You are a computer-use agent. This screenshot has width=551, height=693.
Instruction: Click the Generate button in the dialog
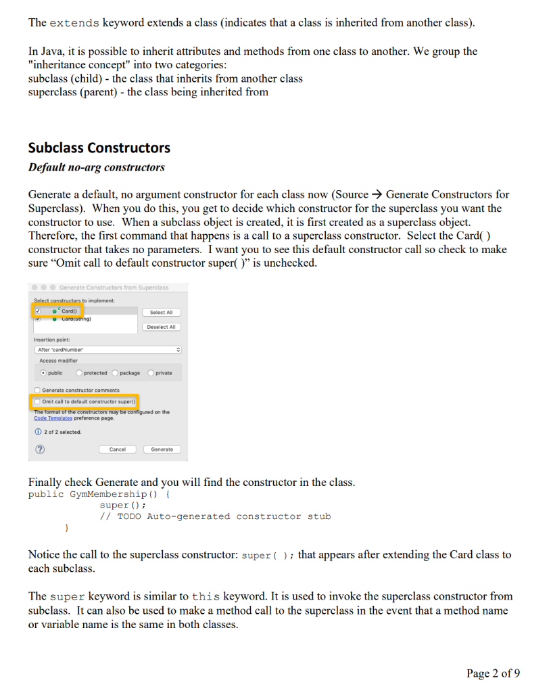pos(162,449)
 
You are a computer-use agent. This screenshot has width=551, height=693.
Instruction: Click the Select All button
pos(162,312)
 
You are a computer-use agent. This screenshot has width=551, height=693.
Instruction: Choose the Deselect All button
pos(162,327)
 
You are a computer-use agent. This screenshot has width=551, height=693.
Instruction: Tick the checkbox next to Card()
pos(38,311)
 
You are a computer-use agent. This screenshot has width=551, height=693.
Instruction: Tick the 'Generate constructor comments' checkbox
pos(38,390)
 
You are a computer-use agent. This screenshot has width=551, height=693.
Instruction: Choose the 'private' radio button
pos(151,373)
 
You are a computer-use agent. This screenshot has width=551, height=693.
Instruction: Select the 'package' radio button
pos(115,373)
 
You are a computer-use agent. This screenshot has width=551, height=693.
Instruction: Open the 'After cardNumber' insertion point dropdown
pos(108,350)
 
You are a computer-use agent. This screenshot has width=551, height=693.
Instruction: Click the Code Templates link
pos(53,418)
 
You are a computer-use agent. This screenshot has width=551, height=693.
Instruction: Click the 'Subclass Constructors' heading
pos(99,148)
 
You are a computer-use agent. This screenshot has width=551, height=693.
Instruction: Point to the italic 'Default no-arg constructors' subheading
pos(96,167)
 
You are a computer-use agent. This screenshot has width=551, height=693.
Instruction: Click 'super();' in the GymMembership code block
pos(122,505)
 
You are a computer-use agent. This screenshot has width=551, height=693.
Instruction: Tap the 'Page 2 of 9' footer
pos(493,673)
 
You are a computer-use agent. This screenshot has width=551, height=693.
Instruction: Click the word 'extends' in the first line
pos(75,23)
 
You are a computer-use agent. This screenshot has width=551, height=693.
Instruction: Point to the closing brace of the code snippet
pos(66,528)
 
